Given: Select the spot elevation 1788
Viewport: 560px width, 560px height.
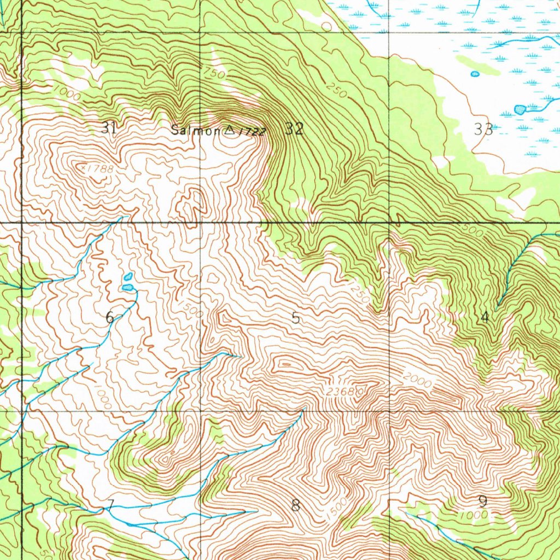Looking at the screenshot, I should click(99, 169).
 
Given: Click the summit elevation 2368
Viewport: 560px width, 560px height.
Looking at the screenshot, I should click(343, 392).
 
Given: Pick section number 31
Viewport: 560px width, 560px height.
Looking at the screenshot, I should click(109, 129).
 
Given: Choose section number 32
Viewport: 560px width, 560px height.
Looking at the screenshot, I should click(294, 129).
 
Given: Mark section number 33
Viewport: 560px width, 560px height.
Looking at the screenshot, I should click(483, 130).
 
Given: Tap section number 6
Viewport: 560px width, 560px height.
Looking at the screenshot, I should click(110, 317).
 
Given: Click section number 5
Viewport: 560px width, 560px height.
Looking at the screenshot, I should click(295, 318).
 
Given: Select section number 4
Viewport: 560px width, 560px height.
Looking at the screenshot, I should click(484, 317).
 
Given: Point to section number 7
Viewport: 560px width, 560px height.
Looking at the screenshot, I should click(110, 505).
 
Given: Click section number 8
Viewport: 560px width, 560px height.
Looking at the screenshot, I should click(295, 505).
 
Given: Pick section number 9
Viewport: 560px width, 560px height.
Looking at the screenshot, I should click(482, 501).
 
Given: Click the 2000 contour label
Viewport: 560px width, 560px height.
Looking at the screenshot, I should click(417, 380).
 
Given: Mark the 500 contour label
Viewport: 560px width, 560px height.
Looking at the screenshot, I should click(475, 232).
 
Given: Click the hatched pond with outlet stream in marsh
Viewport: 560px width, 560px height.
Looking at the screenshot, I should click(521, 109).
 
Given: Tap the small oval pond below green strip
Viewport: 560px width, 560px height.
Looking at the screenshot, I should click(475, 74).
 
